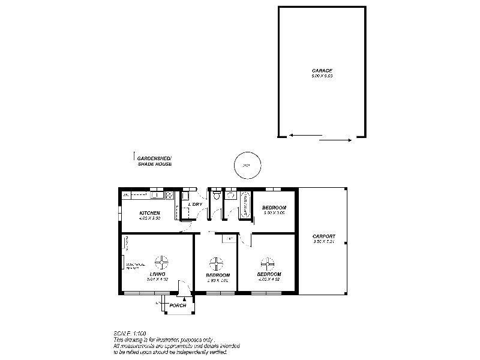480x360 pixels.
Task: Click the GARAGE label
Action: [x=322, y=71]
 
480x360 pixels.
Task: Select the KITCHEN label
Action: [x=149, y=213]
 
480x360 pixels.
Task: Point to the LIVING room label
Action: [x=157, y=274]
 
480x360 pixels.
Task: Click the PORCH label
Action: [x=178, y=305]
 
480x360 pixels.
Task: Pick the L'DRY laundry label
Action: [x=195, y=205]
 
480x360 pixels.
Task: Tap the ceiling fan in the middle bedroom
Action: [x=215, y=263]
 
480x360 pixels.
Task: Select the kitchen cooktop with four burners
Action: [x=170, y=195]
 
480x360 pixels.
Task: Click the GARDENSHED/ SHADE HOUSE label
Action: [x=154, y=161]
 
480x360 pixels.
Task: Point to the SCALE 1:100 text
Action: [x=130, y=333]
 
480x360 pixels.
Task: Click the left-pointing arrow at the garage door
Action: [x=300, y=136]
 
